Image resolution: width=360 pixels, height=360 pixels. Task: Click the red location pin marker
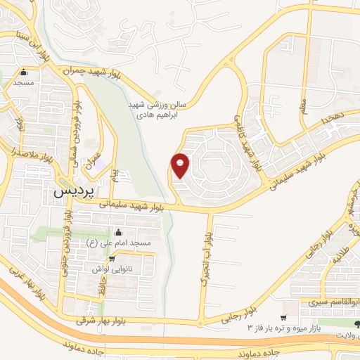181,165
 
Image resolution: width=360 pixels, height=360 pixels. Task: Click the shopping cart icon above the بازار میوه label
283,318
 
